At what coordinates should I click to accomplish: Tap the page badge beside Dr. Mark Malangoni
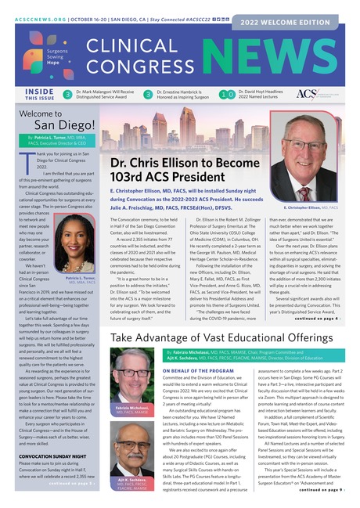click(x=67, y=95)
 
